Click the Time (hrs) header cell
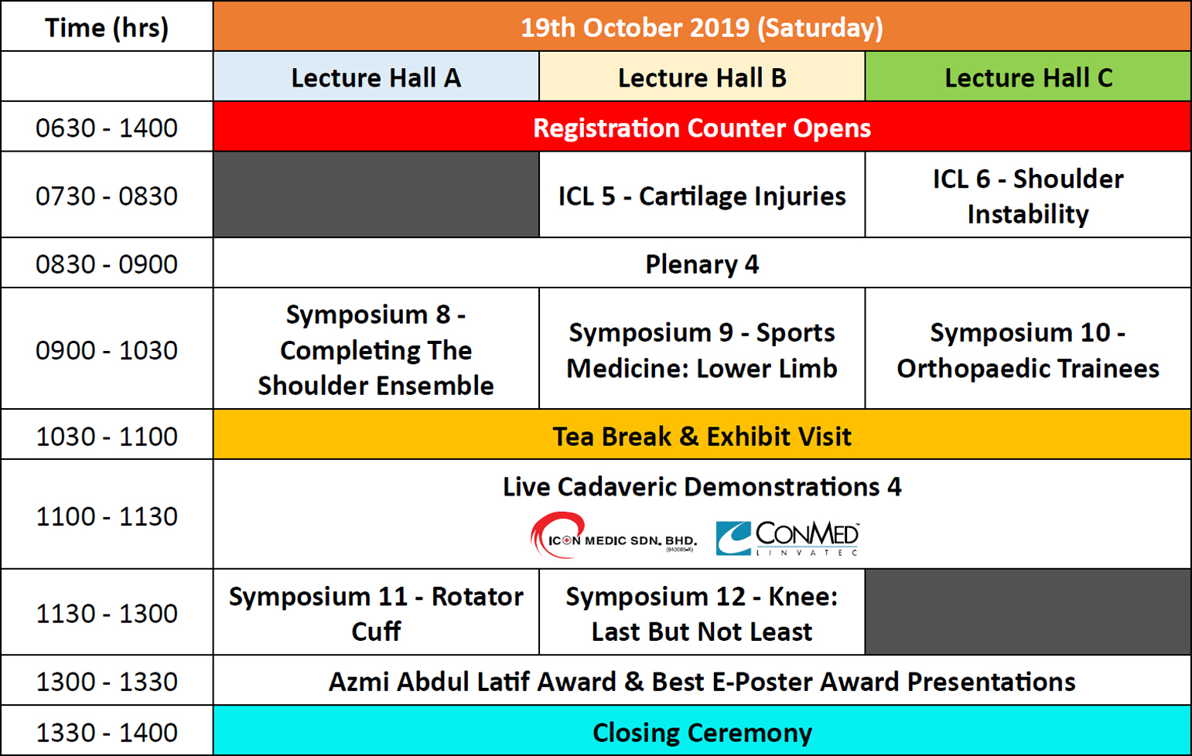[107, 26]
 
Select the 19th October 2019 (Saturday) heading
[702, 28]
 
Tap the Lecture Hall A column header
[376, 77]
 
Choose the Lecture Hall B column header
[702, 77]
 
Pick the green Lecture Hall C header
[1028, 77]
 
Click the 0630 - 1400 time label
[107, 128]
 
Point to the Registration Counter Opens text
[702, 128]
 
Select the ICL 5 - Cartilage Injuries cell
[702, 195]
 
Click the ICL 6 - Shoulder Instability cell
[1028, 195]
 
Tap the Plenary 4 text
[702, 264]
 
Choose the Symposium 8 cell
[376, 349]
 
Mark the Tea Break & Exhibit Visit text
[702, 436]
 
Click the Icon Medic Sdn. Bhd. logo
[613, 535]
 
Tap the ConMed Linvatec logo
[787, 538]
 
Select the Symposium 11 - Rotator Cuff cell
[376, 612]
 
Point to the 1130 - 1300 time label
[107, 613]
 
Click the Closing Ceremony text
[702, 732]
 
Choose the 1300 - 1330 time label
[107, 682]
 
